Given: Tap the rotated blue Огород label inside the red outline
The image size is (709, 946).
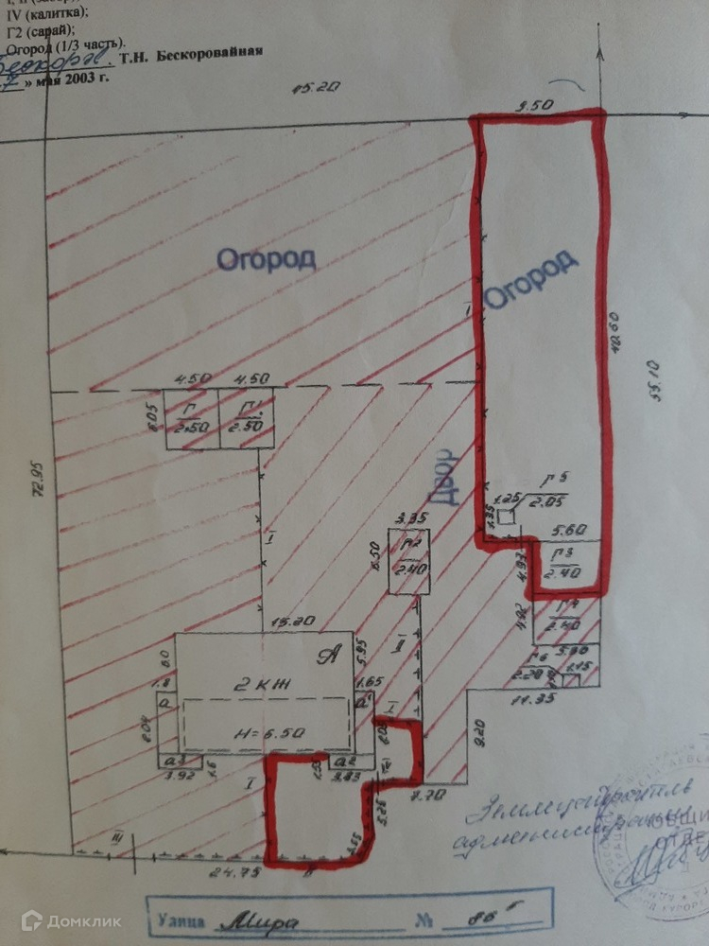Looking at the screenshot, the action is pos(530,279).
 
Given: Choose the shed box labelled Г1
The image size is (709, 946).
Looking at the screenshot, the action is pos(249,417).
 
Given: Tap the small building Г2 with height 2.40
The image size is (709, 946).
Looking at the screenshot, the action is pos(409,560).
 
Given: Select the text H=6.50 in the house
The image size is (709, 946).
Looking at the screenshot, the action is pos(262,732).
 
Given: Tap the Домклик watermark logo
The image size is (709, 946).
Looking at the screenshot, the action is pos(58,919).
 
